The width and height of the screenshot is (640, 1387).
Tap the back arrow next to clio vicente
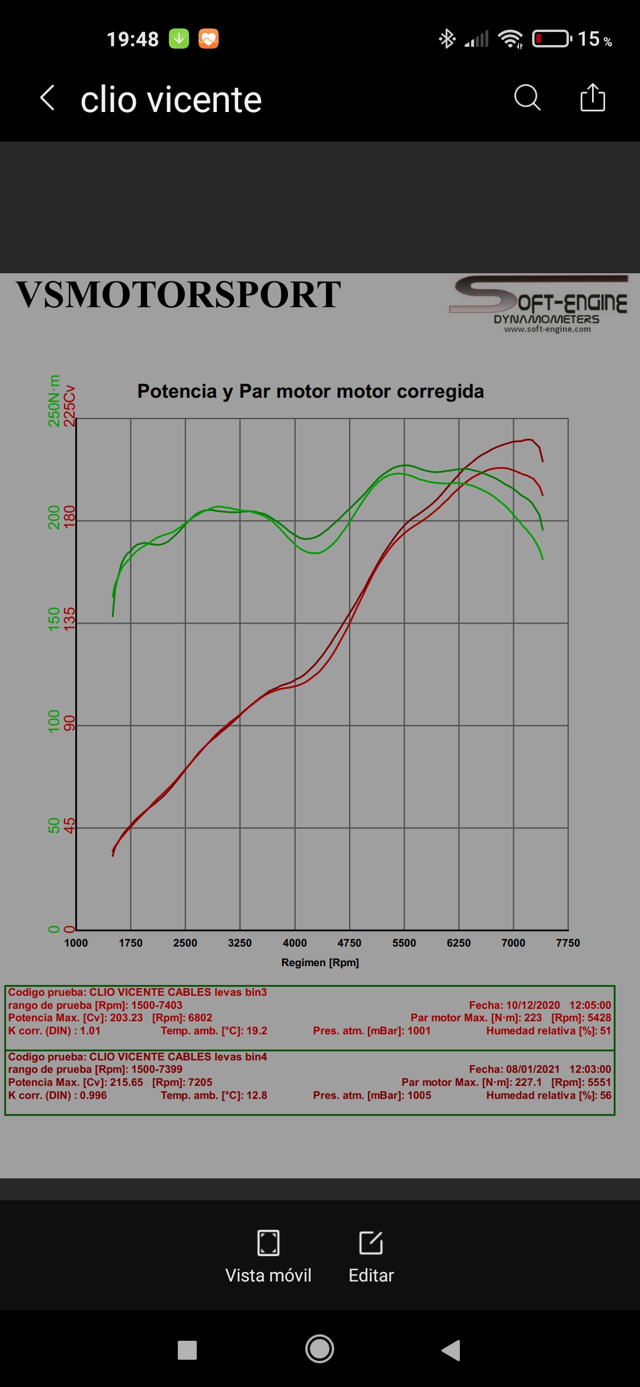click(x=47, y=98)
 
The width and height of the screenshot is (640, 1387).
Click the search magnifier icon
click(x=527, y=98)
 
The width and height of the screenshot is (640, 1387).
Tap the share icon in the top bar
click(x=593, y=98)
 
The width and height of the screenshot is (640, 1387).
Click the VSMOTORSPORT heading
click(x=178, y=295)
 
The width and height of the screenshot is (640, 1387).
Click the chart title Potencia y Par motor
click(x=311, y=391)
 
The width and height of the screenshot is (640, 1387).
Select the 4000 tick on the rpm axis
click(x=295, y=943)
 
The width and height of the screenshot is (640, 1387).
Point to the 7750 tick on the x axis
click(x=568, y=943)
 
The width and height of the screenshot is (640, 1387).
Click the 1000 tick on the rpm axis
click(x=76, y=943)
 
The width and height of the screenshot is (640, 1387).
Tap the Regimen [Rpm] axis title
click(x=320, y=963)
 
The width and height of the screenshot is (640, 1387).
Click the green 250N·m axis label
click(x=54, y=401)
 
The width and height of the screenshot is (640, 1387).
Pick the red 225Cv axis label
click(x=70, y=406)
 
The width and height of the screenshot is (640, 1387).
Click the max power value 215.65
click(x=126, y=1082)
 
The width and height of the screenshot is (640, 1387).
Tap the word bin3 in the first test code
click(x=255, y=992)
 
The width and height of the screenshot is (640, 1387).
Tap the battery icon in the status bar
click(x=552, y=39)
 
